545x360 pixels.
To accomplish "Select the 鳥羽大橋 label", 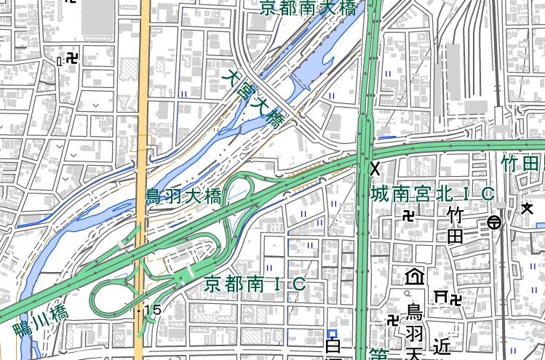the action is coord(183,196).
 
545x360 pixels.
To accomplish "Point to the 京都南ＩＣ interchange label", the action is coord(254,284).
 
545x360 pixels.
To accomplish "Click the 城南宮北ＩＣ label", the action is coord(432,194).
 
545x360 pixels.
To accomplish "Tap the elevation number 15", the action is coord(153,311).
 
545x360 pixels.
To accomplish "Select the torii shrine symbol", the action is coord(440,296).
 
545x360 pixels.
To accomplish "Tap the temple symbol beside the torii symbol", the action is coord(456,297).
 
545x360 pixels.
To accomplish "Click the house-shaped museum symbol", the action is coord(415,277).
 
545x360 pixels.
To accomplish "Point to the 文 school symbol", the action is coord(527,209).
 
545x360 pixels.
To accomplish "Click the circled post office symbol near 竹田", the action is coord(494,223).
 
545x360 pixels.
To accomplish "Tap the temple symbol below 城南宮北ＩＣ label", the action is coord(410,215).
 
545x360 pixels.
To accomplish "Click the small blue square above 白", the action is coord(332,332).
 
